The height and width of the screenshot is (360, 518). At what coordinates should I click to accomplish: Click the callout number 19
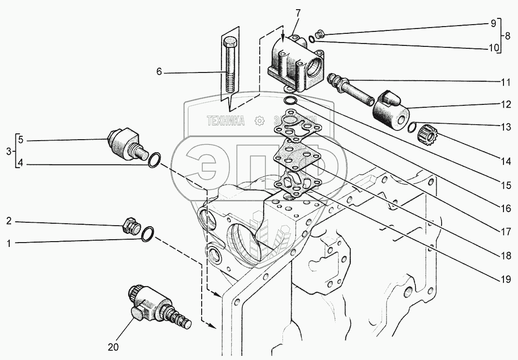click(505, 280)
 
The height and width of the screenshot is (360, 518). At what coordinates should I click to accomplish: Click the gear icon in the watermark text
click(260, 120)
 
